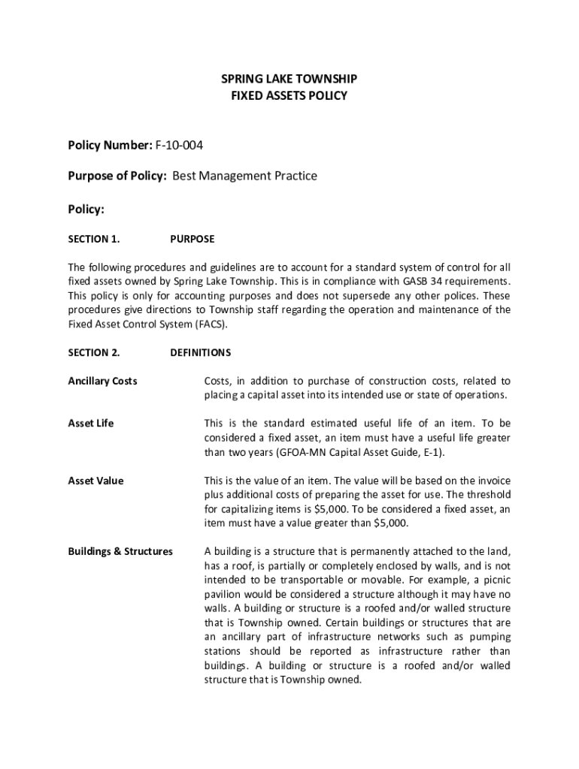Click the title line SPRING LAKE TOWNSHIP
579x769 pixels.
(x=289, y=79)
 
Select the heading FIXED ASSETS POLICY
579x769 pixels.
(x=289, y=96)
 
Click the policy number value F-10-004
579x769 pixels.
(x=179, y=143)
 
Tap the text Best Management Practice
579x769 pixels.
(x=245, y=176)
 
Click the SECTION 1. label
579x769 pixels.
(x=94, y=239)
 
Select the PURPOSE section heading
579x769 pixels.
(x=192, y=239)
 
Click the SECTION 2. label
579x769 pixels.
(x=94, y=352)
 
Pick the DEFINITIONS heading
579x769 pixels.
(x=201, y=352)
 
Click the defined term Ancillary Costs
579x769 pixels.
(x=103, y=381)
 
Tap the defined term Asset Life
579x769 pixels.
(x=91, y=424)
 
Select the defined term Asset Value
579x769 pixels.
(x=96, y=481)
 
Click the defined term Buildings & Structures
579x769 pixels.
(x=120, y=551)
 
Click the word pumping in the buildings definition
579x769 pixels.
(x=490, y=637)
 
